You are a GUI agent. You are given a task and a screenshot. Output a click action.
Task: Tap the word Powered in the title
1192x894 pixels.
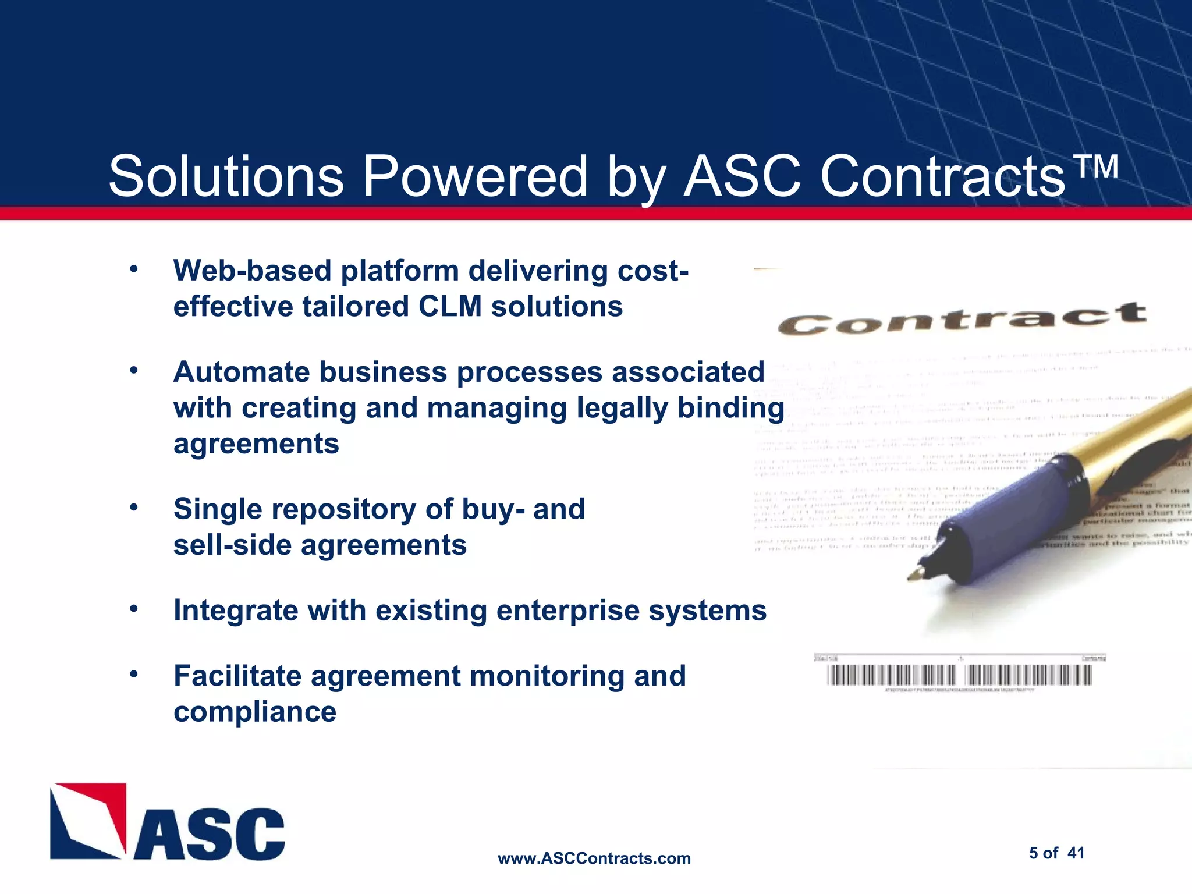coord(475,176)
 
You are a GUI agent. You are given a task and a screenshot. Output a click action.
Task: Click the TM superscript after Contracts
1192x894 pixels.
coord(1095,166)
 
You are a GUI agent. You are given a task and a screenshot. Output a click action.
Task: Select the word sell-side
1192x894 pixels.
coord(232,545)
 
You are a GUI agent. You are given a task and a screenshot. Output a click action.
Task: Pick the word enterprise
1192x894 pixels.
coord(567,611)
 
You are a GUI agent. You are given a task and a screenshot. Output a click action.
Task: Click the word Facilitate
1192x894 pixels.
coord(237,676)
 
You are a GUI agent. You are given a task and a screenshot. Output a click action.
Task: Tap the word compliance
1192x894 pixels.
coord(255,712)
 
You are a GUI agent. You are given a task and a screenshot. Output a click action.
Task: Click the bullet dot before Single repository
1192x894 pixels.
coord(134,508)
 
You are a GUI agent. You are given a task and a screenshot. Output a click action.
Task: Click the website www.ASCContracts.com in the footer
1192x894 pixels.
coord(594,858)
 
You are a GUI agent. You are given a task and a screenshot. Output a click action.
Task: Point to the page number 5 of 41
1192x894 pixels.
coord(1056,853)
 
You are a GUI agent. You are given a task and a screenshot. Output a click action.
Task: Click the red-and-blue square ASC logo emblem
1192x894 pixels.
coord(88,821)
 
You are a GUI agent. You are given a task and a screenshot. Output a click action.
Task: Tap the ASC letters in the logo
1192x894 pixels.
coord(210,833)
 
